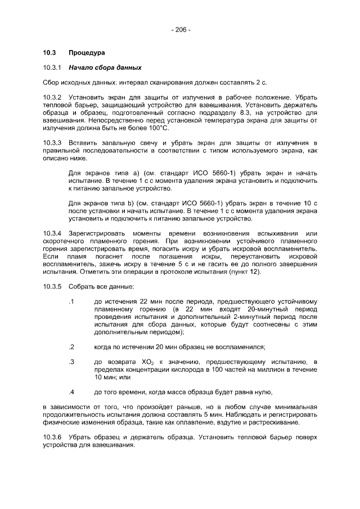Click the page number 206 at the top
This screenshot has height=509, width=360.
180,29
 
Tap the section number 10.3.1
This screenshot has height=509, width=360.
52,68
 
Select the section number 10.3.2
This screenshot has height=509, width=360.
52,97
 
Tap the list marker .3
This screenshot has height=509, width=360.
71,360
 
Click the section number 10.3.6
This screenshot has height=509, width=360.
52,437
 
